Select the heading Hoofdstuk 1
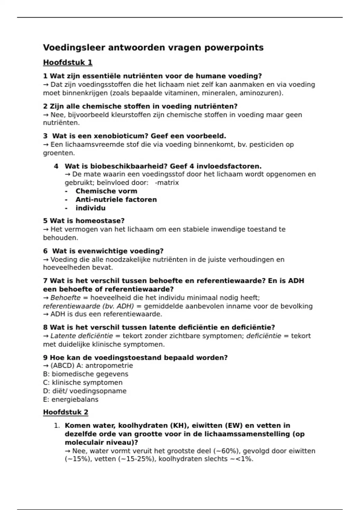68,62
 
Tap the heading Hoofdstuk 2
66,412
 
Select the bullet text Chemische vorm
106,191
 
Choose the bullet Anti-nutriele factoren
116,199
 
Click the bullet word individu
90,208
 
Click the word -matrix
167,183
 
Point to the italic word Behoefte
65,298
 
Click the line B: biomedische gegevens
85,374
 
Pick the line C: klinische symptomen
83,382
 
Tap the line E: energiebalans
71,399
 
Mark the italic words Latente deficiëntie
82,336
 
